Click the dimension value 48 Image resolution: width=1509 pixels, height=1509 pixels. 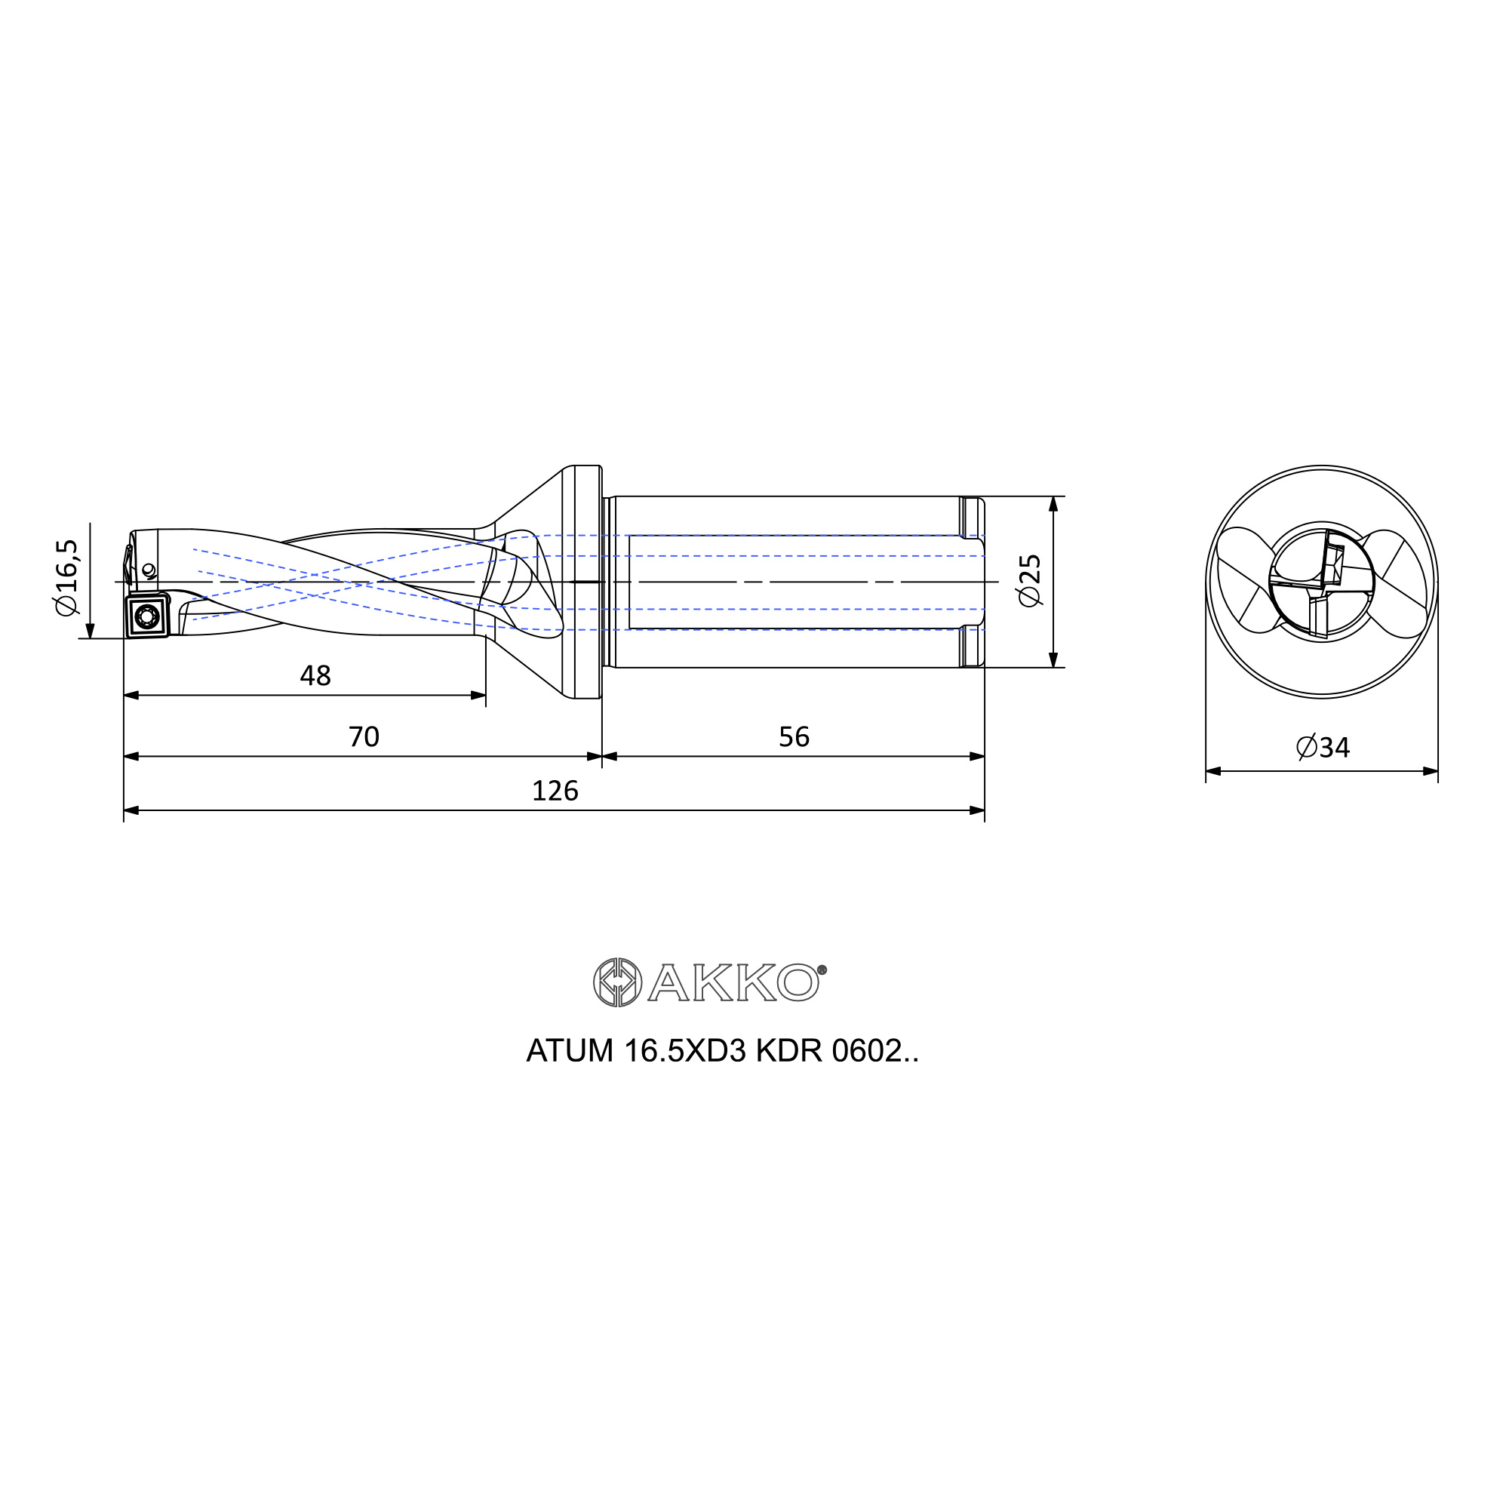(315, 675)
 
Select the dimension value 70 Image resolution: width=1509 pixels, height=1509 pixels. (364, 736)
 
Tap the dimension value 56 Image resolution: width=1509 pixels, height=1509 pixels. (794, 736)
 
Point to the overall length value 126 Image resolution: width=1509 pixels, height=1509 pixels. (555, 791)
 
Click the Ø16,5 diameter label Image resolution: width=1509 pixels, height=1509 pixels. (67, 577)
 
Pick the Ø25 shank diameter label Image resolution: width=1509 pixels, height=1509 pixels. (1030, 580)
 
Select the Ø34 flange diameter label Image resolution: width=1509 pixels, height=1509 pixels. (1323, 748)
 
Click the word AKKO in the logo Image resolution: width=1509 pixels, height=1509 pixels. (733, 982)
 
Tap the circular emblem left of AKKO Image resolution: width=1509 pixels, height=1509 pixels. (617, 982)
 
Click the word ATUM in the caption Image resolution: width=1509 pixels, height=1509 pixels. (570, 1051)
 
